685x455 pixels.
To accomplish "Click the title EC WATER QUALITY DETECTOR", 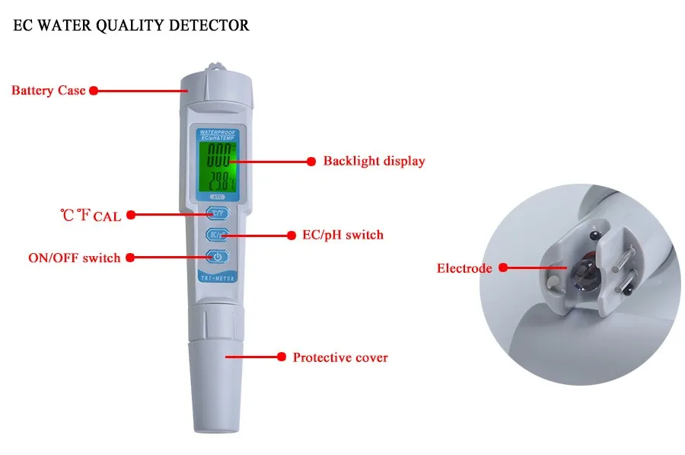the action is point(132,26).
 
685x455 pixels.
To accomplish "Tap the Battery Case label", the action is point(48,91).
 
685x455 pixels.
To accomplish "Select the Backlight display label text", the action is point(374,161).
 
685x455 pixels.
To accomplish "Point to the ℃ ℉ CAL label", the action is point(91,216).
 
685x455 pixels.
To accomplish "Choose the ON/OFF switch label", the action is point(74,258).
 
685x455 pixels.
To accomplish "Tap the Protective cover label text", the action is point(340,357).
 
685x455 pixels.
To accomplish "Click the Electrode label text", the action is point(464,268).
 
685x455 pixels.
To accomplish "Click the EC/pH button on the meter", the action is point(217,235).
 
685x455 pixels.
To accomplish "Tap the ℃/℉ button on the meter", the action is point(217,214).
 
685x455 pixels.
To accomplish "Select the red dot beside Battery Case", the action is point(94,91).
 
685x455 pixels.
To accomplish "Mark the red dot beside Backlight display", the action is point(311,162).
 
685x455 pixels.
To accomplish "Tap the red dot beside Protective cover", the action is point(280,357).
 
